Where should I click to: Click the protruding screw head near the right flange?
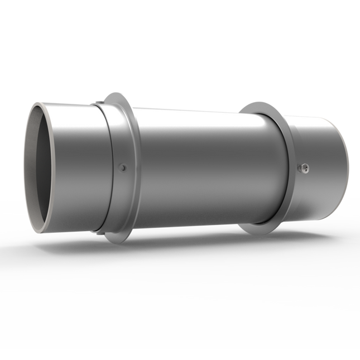point(303,167)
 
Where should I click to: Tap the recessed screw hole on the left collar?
point(123,167)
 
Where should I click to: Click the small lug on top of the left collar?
point(98,102)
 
